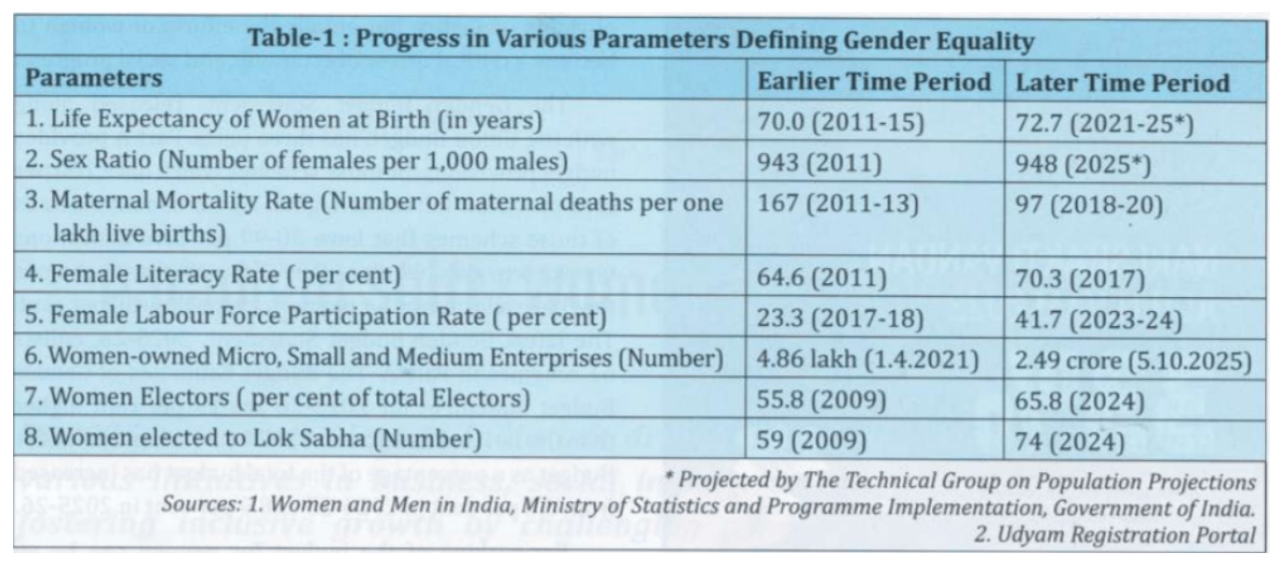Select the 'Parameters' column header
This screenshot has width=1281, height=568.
point(93,79)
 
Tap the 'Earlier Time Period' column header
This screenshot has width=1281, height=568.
point(873,82)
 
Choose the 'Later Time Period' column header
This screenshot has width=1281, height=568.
point(1122,82)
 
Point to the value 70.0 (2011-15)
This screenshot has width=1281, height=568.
point(840,123)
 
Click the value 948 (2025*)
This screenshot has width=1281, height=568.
point(1083,164)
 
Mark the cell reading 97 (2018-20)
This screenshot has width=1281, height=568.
point(1089,204)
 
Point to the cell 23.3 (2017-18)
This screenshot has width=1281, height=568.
point(840,318)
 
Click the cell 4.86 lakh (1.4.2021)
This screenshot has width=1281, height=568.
point(867,358)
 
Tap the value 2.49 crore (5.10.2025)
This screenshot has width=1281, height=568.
point(1133,359)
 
